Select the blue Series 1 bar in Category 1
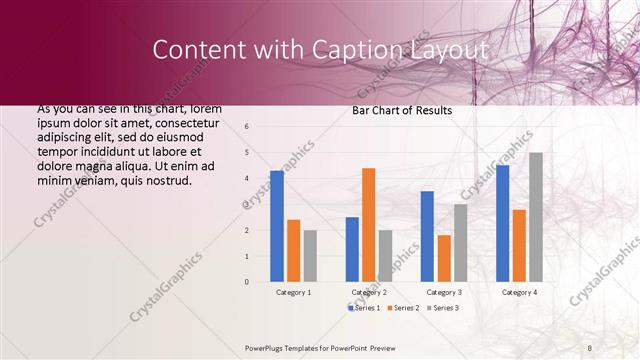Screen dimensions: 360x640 (x=277, y=226)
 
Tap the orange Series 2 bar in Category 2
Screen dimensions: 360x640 (x=368, y=224)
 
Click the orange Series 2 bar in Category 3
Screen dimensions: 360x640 (x=443, y=258)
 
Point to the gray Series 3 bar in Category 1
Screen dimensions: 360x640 (x=310, y=256)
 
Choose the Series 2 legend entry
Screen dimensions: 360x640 (x=402, y=308)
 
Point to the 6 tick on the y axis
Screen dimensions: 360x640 (x=247, y=126)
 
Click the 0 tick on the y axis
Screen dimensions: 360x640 (x=247, y=282)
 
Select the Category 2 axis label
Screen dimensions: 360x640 (x=369, y=292)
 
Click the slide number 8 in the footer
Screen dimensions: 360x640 (x=590, y=347)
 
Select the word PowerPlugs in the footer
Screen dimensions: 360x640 (x=267, y=347)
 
